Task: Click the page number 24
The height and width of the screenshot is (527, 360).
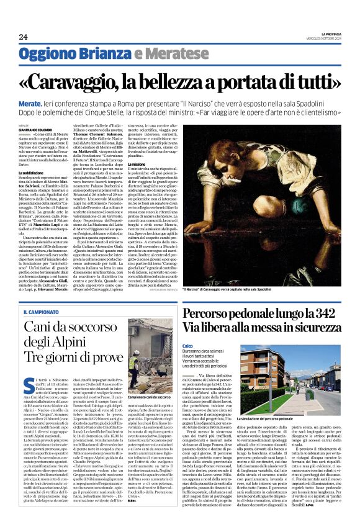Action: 23,37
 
